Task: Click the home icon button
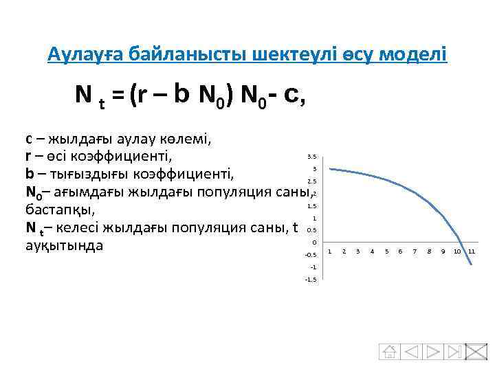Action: pyautogui.click(x=390, y=351)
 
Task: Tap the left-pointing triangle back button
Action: pyautogui.click(x=412, y=351)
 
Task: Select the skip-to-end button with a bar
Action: pyautogui.click(x=454, y=351)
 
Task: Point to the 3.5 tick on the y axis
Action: pyautogui.click(x=311, y=157)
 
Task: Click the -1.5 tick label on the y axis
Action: pyautogui.click(x=311, y=279)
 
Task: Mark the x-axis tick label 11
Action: pyautogui.click(x=472, y=251)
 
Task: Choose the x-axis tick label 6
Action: pyautogui.click(x=400, y=251)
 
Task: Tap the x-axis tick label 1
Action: pyautogui.click(x=329, y=251)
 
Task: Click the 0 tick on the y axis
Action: pyautogui.click(x=313, y=243)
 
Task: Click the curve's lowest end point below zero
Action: pyautogui.click(x=472, y=265)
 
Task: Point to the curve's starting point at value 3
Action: pyautogui.click(x=329, y=168)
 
